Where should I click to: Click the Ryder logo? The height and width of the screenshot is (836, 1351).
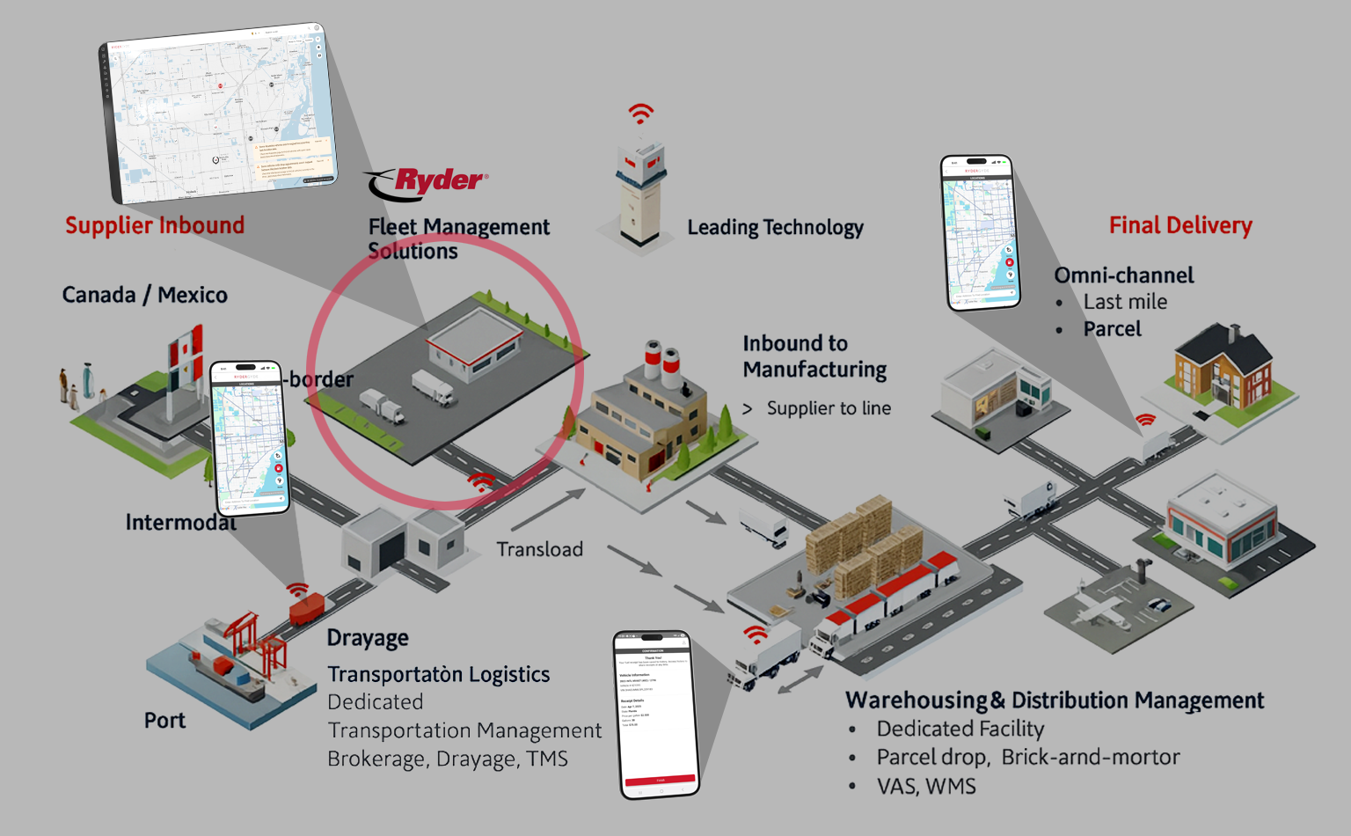[427, 182]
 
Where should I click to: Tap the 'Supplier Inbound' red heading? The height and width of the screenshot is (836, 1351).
[155, 225]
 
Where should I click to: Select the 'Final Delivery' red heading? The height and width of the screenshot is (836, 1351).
[1180, 225]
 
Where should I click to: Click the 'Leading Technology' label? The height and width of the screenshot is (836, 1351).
[775, 227]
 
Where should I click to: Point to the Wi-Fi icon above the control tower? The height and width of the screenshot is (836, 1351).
[641, 114]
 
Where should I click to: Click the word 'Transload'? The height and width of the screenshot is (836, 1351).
[539, 549]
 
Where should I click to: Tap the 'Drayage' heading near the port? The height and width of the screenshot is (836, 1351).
[368, 637]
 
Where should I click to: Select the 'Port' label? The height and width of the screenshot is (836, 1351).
[164, 720]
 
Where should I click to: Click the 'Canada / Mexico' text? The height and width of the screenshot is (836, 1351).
[144, 295]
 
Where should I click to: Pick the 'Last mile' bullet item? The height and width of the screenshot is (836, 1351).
[1125, 302]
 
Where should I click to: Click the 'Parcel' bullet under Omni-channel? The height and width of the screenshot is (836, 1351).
[1112, 329]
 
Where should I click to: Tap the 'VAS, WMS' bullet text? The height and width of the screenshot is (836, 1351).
[926, 786]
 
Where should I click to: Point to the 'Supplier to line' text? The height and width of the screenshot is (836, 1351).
[829, 408]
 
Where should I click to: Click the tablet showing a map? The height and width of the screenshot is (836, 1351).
[218, 113]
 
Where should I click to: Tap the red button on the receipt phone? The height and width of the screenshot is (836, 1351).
[660, 780]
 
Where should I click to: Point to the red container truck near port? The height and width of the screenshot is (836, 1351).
[306, 607]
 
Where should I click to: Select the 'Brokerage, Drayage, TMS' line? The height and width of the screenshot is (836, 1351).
[447, 759]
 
